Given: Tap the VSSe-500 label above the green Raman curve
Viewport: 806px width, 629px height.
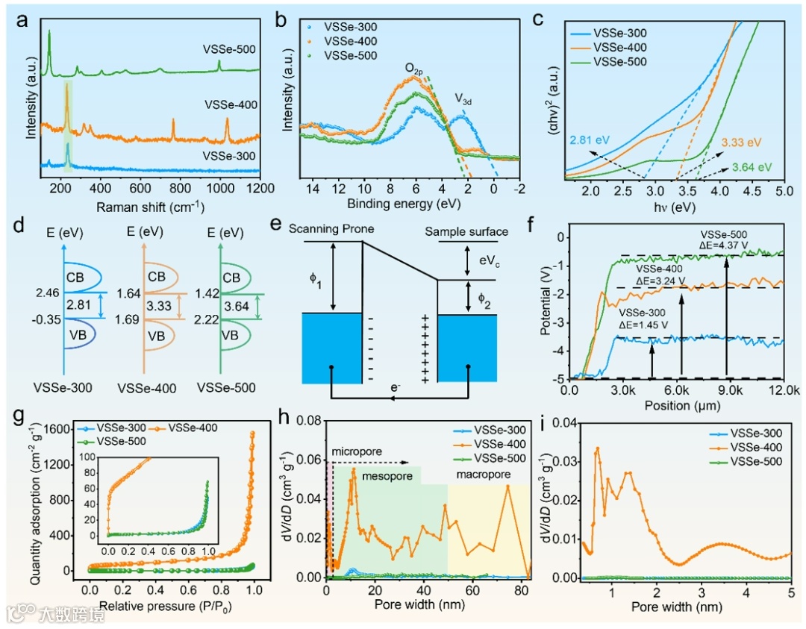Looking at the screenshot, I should [x=230, y=49].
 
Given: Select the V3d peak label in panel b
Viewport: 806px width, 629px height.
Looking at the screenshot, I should [x=464, y=98].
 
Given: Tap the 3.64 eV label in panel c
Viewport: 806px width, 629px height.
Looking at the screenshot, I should [x=752, y=167].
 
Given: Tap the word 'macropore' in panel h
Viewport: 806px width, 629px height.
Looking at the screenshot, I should [x=469, y=475].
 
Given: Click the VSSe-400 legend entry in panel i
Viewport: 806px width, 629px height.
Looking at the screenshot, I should [x=756, y=447].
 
